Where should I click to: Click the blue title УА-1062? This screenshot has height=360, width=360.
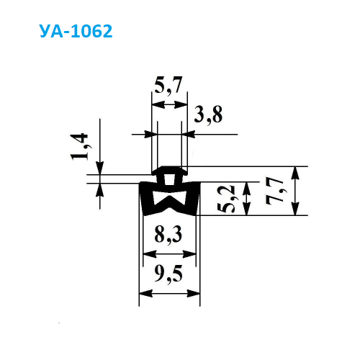click(76, 31)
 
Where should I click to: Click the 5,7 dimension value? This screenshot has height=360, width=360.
click(168, 86)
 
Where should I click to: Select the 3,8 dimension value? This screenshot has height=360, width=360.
click(208, 114)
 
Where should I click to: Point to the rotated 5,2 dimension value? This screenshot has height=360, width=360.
click(225, 199)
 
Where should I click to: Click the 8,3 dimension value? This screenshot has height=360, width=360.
click(168, 235)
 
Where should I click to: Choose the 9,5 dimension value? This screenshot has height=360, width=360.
click(168, 274)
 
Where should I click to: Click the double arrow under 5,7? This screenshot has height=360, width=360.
click(170, 105)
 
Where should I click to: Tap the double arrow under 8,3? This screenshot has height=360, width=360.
click(169, 254)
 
